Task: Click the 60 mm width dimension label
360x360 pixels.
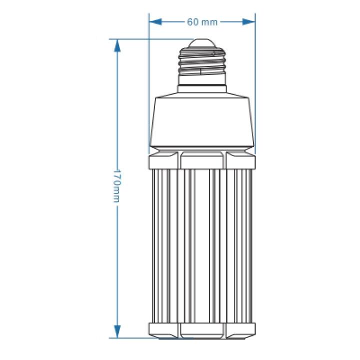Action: [202, 22]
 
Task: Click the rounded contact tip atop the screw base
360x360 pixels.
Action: [202, 43]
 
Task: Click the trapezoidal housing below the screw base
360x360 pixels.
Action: [202, 120]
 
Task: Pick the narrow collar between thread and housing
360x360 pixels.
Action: [202, 87]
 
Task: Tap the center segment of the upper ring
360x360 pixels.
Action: [202, 160]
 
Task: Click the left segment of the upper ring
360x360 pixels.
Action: [163, 160]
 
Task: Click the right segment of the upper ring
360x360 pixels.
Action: [241, 160]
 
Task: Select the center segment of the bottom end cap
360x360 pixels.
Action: [202, 330]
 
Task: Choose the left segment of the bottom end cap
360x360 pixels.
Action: [163, 330]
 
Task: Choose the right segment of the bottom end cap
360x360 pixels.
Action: [241, 330]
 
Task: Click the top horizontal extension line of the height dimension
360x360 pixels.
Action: [150, 39]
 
